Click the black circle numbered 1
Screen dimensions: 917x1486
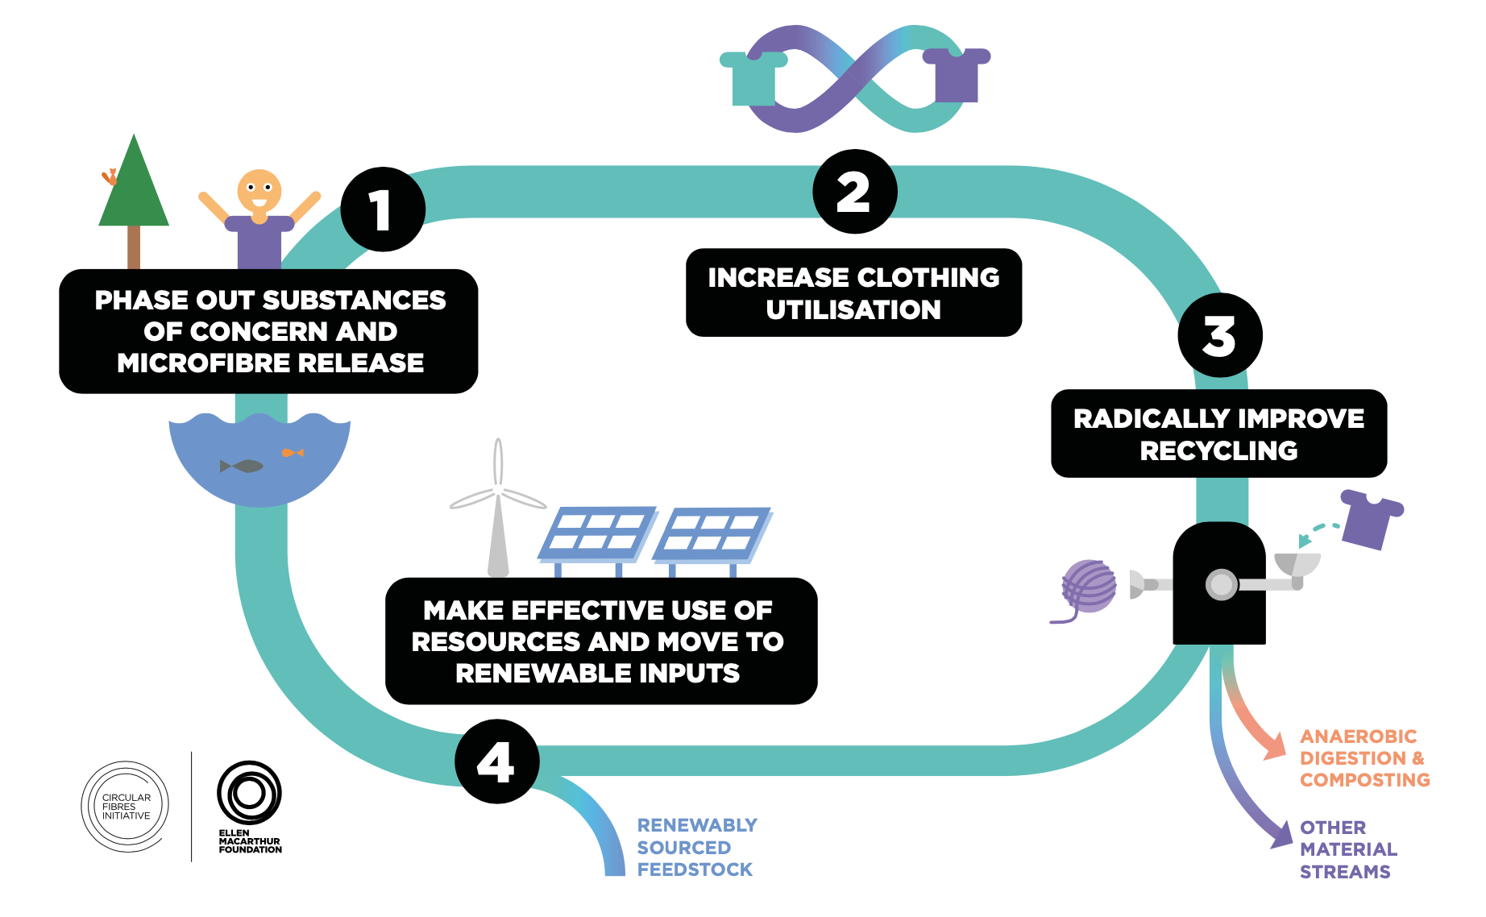(383, 210)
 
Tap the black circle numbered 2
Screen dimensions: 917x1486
(854, 192)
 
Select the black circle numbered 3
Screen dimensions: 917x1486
(1219, 335)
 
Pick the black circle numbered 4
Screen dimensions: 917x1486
(496, 761)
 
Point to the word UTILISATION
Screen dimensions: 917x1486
(853, 310)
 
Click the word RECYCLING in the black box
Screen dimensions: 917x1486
(1218, 451)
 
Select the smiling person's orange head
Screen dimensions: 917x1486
(259, 191)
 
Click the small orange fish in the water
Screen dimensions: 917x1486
(293, 453)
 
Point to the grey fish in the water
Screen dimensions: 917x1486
(243, 466)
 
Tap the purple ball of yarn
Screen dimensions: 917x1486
(1089, 587)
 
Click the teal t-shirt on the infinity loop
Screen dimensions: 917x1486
(753, 78)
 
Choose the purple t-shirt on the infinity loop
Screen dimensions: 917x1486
(957, 75)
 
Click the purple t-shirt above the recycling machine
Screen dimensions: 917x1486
(1371, 519)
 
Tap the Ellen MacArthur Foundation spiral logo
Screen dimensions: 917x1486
(249, 793)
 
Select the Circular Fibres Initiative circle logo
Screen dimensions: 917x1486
(126, 806)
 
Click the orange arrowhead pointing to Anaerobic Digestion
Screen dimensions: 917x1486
(1275, 747)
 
